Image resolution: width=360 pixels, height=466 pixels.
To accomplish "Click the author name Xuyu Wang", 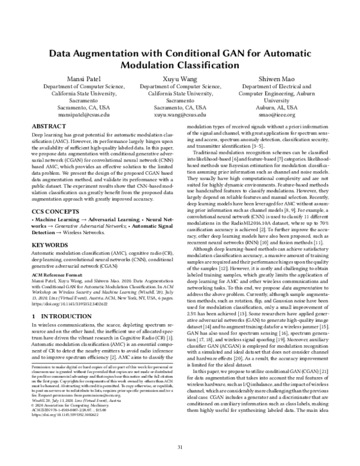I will click(x=180, y=78).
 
